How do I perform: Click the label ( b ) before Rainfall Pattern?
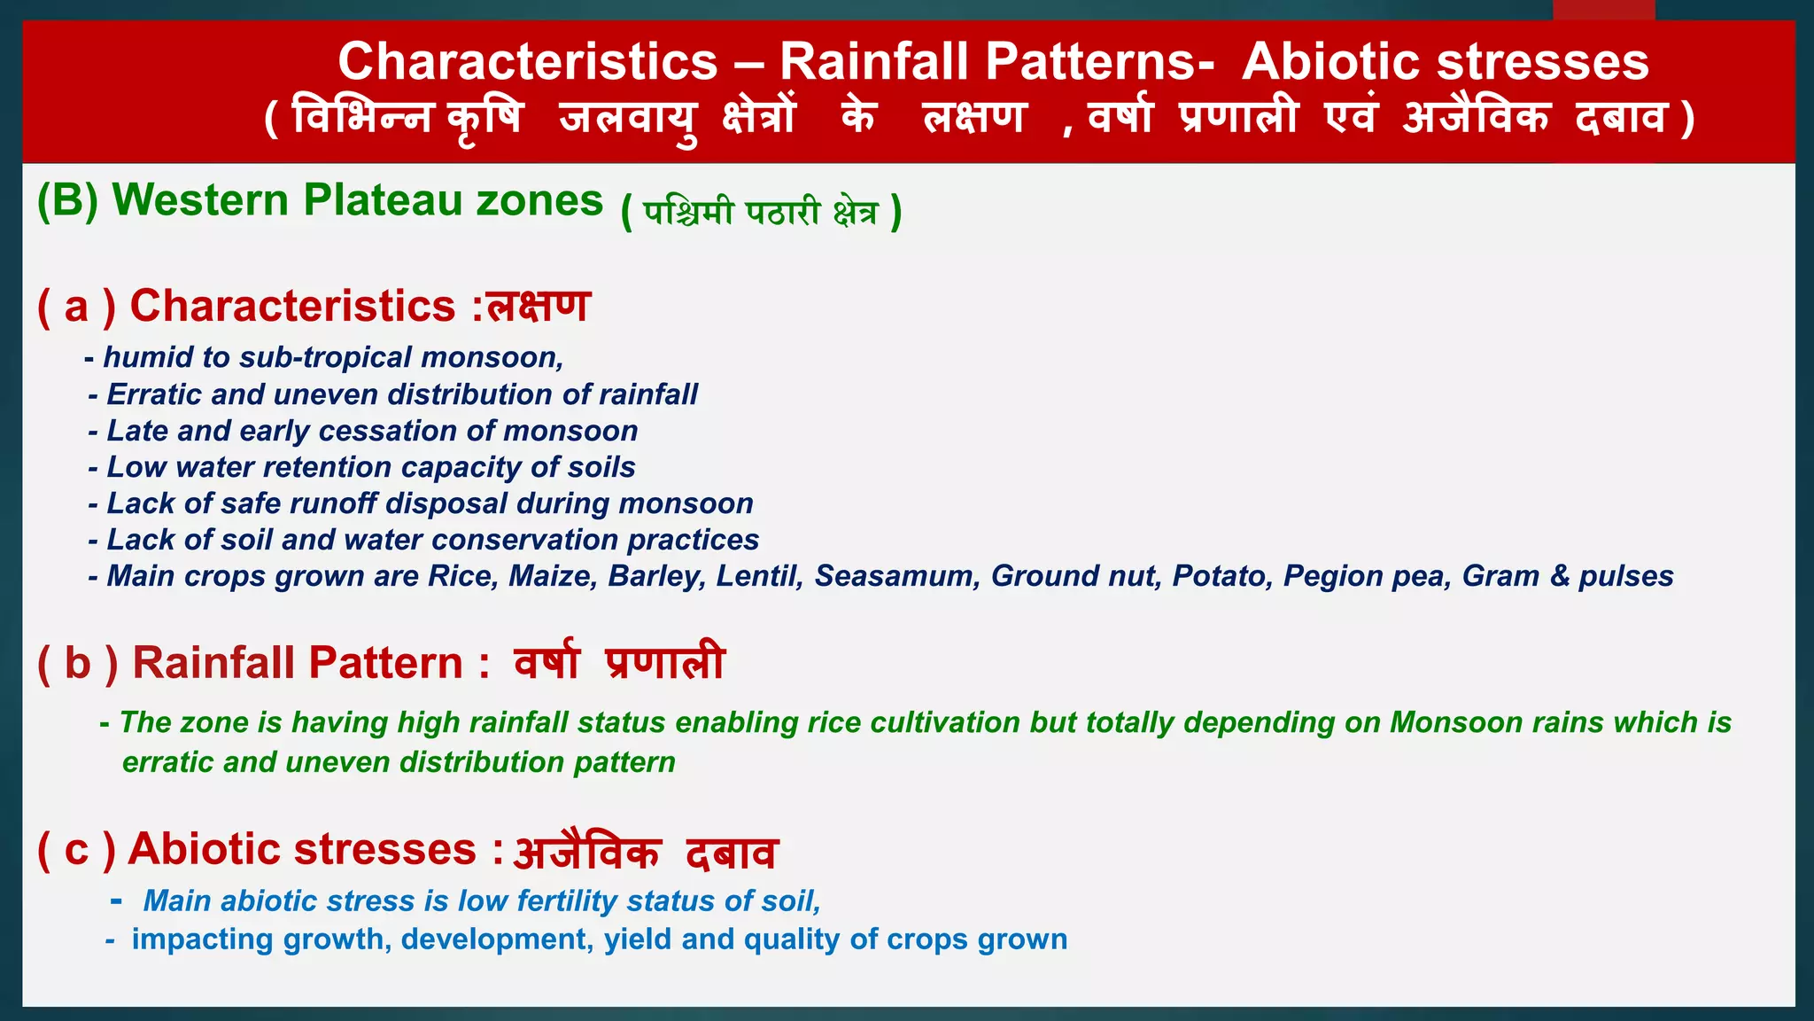(x=78, y=663)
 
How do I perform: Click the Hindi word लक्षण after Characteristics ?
(x=539, y=306)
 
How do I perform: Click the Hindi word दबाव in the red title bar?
(x=1621, y=117)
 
